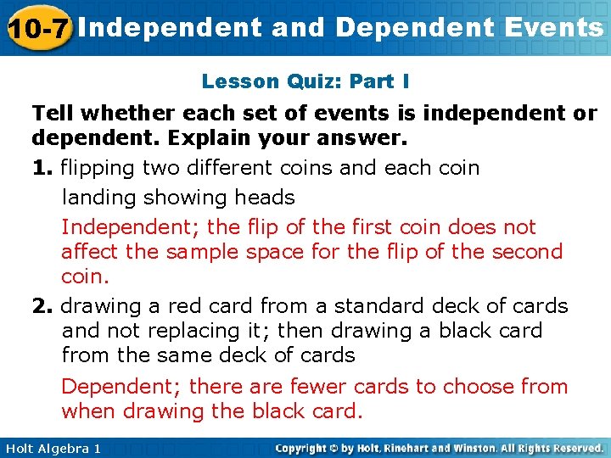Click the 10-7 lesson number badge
pyautogui.click(x=37, y=28)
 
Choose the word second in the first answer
pyautogui.click(x=528, y=252)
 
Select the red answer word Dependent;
pyautogui.click(x=121, y=387)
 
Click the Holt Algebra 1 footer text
pyautogui.click(x=52, y=448)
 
